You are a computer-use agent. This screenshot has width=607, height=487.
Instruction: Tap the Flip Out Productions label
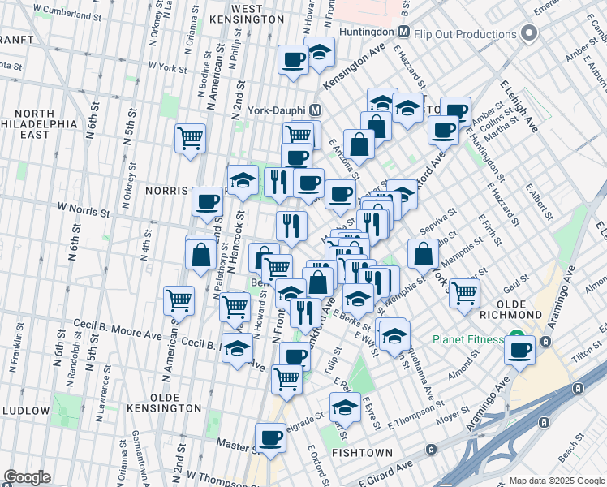463,34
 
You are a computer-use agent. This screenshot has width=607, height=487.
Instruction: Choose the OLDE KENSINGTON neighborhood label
165,407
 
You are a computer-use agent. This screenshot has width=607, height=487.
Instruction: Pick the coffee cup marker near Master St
270,437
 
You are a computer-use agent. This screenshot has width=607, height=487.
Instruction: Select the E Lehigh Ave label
519,106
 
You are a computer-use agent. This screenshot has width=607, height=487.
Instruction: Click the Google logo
26,477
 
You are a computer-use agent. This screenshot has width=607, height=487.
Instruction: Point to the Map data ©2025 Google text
556,481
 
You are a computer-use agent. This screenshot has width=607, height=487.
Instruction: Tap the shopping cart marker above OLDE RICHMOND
464,293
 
